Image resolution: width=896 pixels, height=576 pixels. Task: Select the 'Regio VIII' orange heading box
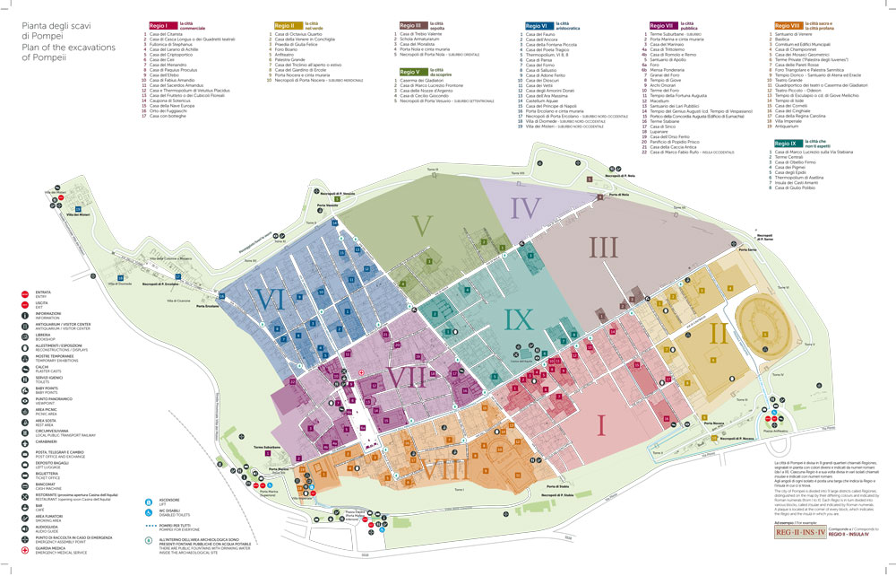coord(787,26)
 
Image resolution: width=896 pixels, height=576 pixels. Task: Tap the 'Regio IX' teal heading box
coord(787,143)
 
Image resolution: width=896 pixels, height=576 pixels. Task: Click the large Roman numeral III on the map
coord(604,244)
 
